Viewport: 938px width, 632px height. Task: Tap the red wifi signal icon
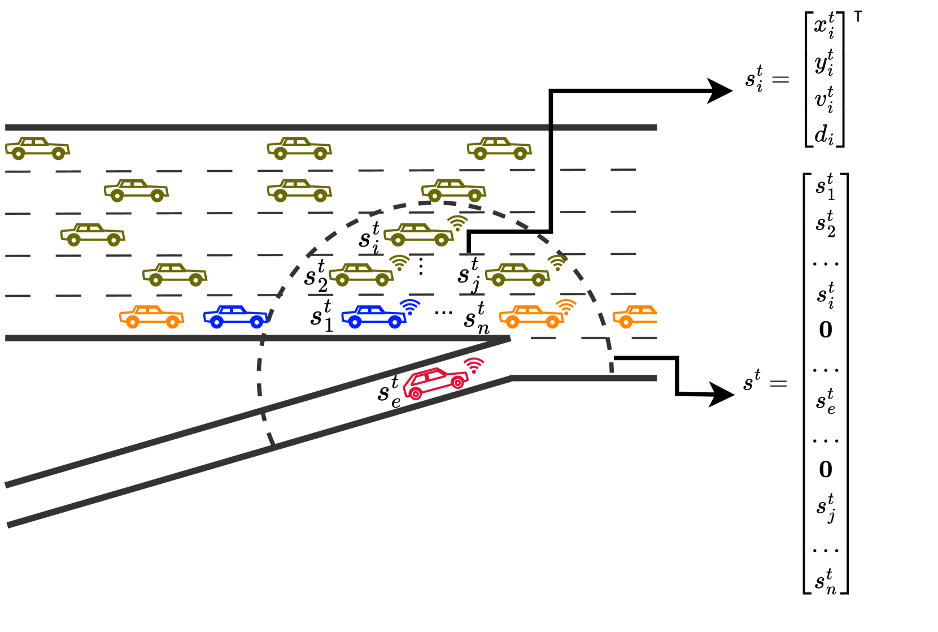tap(474, 365)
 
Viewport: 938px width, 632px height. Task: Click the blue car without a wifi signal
tap(235, 317)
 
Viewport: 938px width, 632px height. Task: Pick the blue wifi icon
tap(410, 306)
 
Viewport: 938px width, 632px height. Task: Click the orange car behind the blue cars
tap(151, 317)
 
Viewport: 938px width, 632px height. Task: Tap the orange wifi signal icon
tap(566, 307)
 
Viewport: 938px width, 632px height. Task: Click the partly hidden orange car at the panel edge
tap(635, 317)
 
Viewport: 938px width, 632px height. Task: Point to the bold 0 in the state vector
tap(826, 330)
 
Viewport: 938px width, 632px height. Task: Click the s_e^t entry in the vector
tap(825, 401)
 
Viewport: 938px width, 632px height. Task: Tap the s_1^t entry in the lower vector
tap(825, 187)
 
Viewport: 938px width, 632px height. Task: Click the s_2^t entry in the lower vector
tap(825, 224)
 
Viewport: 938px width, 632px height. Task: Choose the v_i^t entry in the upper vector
tap(824, 99)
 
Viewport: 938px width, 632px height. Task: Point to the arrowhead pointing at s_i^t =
tap(721, 90)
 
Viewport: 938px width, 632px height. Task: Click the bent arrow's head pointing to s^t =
tap(722, 394)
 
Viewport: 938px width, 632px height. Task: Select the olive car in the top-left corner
tap(37, 148)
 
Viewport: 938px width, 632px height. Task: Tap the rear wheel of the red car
tap(416, 394)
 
